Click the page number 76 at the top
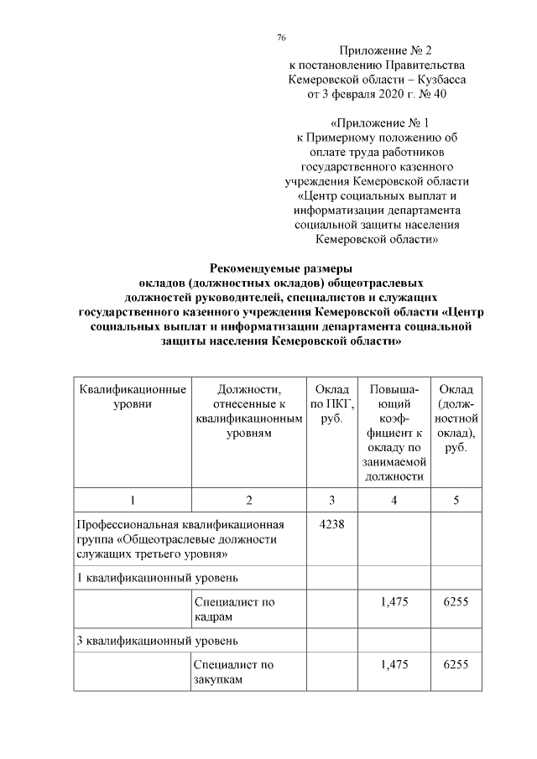[x=282, y=37]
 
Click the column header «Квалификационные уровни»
[x=132, y=397]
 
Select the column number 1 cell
[x=132, y=501]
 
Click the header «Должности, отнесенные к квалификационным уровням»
[x=248, y=411]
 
